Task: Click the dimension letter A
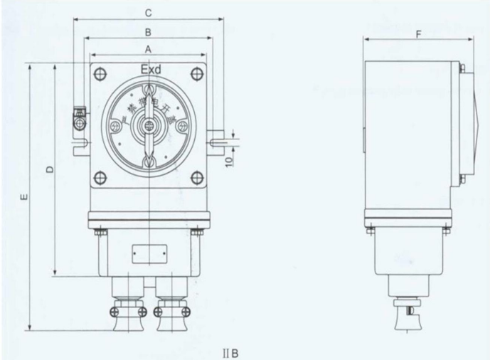148,49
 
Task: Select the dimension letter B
148,32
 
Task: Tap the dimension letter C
148,13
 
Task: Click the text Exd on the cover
150,69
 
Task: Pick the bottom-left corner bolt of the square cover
100,178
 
